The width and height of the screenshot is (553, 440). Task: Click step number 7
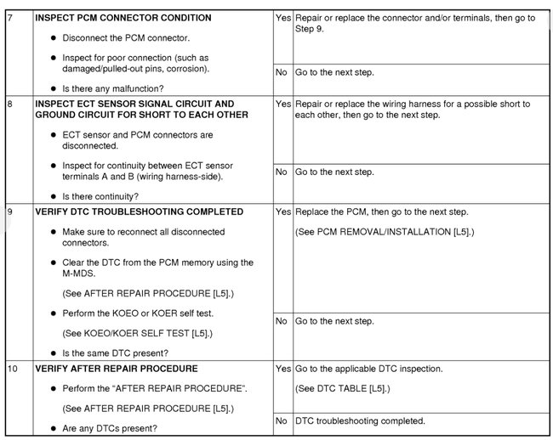coord(10,18)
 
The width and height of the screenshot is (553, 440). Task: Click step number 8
coord(10,104)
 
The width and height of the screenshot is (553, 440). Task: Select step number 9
coord(10,212)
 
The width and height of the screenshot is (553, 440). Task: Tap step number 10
coord(12,369)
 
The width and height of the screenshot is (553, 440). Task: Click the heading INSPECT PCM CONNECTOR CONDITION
coord(123,18)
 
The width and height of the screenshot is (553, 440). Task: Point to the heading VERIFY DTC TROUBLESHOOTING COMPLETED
coord(139,212)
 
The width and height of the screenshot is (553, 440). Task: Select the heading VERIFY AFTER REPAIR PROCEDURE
coord(116,369)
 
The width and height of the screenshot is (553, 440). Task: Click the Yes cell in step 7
coord(282,18)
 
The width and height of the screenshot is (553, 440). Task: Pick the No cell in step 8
coord(281,172)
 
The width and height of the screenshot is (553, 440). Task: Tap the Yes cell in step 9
coord(282,212)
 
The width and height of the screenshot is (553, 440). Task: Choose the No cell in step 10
coord(281,420)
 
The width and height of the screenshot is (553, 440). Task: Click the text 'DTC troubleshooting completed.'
coord(359,420)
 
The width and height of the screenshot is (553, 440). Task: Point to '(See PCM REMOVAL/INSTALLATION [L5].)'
coord(384,231)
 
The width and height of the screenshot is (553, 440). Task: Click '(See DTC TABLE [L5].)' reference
coord(342,388)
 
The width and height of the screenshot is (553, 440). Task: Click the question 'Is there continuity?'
coord(106,195)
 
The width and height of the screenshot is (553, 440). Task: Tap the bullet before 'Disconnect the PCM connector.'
coord(54,39)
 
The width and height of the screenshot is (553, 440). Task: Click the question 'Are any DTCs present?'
coord(110,429)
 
